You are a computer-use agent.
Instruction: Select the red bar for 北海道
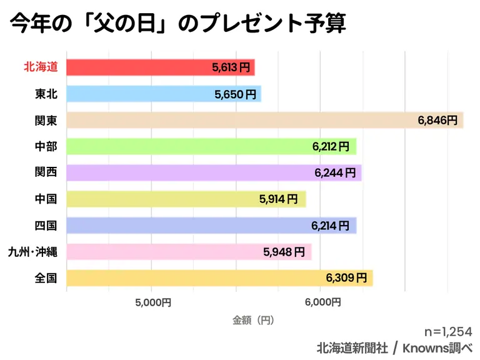pyautogui.click(x=160, y=67)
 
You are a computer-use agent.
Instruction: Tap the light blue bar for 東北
pyautogui.click(x=163, y=94)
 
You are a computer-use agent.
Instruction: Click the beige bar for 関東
pyautogui.click(x=264, y=120)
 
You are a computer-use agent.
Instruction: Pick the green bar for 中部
pyautogui.click(x=211, y=146)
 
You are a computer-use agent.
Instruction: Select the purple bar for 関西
pyautogui.click(x=213, y=172)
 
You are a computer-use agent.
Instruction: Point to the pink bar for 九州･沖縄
pyautogui.click(x=188, y=252)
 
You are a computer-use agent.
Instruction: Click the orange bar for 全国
pyautogui.click(x=219, y=278)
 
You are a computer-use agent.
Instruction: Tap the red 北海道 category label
pyautogui.click(x=40, y=67)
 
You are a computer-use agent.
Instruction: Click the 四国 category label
pyautogui.click(x=46, y=226)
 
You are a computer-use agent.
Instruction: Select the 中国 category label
pyautogui.click(x=46, y=199)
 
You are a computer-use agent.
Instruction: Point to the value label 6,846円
pyautogui.click(x=437, y=120)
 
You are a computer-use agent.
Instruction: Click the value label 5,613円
pyautogui.click(x=231, y=67)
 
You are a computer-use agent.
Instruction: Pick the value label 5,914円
pyautogui.click(x=280, y=199)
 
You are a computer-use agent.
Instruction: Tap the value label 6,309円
pyautogui.click(x=346, y=278)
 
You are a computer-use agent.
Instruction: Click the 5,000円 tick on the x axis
pyautogui.click(x=152, y=302)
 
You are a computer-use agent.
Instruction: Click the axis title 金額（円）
pyautogui.click(x=253, y=320)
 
